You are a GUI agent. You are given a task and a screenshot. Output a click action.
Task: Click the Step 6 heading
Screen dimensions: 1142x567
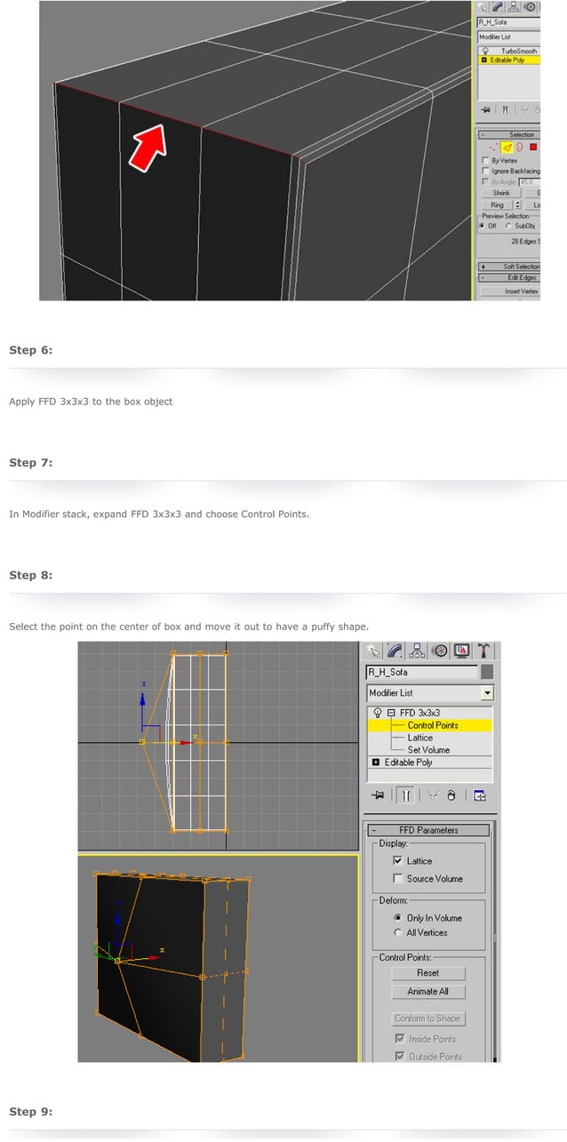click(31, 350)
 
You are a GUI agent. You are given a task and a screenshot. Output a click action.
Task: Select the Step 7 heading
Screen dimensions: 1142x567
click(31, 463)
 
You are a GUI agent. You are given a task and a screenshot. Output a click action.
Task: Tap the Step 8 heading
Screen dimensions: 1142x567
click(31, 575)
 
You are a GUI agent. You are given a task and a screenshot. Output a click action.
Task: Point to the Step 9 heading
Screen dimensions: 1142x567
click(31, 1112)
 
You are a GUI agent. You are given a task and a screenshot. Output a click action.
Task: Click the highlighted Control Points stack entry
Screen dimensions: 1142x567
click(433, 725)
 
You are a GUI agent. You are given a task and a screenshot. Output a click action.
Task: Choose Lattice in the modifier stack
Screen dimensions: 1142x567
click(420, 738)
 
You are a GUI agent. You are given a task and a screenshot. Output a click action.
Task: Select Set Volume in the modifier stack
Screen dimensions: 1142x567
click(428, 750)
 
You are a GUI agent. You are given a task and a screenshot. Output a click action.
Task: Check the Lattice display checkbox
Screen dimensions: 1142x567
click(399, 861)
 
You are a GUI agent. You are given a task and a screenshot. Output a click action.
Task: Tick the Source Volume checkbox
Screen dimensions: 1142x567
click(399, 879)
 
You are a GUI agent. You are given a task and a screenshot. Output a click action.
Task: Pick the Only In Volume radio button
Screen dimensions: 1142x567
click(397, 918)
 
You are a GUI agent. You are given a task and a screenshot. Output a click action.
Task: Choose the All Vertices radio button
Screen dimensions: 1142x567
click(397, 933)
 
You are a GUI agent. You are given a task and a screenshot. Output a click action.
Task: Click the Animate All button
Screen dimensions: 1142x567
click(428, 992)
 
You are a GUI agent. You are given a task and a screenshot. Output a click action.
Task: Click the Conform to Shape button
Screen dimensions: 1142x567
click(428, 1018)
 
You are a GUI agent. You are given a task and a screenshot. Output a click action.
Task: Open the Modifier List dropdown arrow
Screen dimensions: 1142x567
click(487, 693)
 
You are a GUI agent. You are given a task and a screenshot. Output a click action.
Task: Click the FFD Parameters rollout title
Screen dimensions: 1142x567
click(428, 830)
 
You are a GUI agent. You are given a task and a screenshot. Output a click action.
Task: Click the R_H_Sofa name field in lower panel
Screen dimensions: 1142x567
click(421, 673)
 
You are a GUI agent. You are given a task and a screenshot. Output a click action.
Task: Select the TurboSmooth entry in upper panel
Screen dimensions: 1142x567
click(519, 52)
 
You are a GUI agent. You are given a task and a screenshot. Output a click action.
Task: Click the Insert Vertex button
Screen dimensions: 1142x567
click(522, 291)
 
